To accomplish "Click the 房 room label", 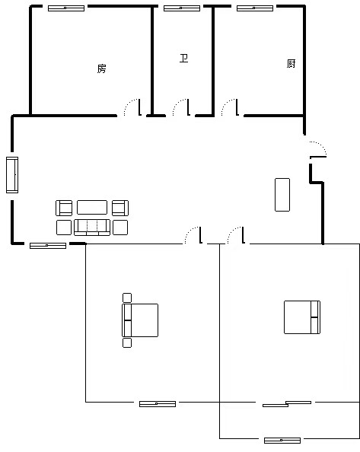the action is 101,68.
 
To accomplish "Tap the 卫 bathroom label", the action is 184,59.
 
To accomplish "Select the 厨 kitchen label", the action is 291,63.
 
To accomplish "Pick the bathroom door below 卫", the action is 181,107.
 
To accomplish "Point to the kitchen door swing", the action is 230,107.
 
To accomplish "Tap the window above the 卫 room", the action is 182,8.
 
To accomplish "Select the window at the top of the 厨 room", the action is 255,8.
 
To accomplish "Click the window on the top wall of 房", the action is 66,8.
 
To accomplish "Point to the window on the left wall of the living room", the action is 12,175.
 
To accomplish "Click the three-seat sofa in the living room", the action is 92,228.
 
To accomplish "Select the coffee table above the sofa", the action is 92,208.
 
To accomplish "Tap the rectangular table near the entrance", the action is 282,195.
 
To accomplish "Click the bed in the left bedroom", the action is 140,320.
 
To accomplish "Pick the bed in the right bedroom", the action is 302,317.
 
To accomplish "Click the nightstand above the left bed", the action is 127,298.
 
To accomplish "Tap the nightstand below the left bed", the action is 127,342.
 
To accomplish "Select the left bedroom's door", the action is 193,235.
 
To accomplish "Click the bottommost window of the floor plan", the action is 282,441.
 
